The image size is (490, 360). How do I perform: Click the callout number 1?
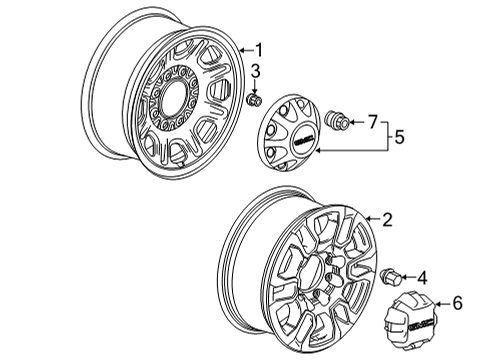(x=258, y=50)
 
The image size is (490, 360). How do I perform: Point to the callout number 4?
(x=423, y=277)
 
